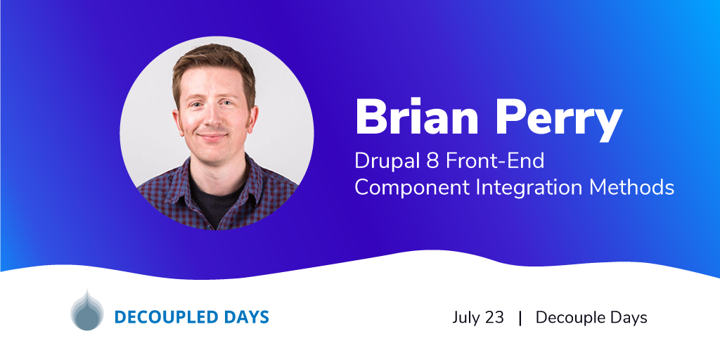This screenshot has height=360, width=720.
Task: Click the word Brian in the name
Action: coord(417,117)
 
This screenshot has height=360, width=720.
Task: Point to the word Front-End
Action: coord(496,162)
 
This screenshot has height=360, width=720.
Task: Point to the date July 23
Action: coord(478,317)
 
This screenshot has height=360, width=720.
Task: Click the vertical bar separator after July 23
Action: coord(520,318)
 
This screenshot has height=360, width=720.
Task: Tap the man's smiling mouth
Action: coord(212,137)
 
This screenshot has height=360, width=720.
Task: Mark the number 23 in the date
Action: coord(494,317)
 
